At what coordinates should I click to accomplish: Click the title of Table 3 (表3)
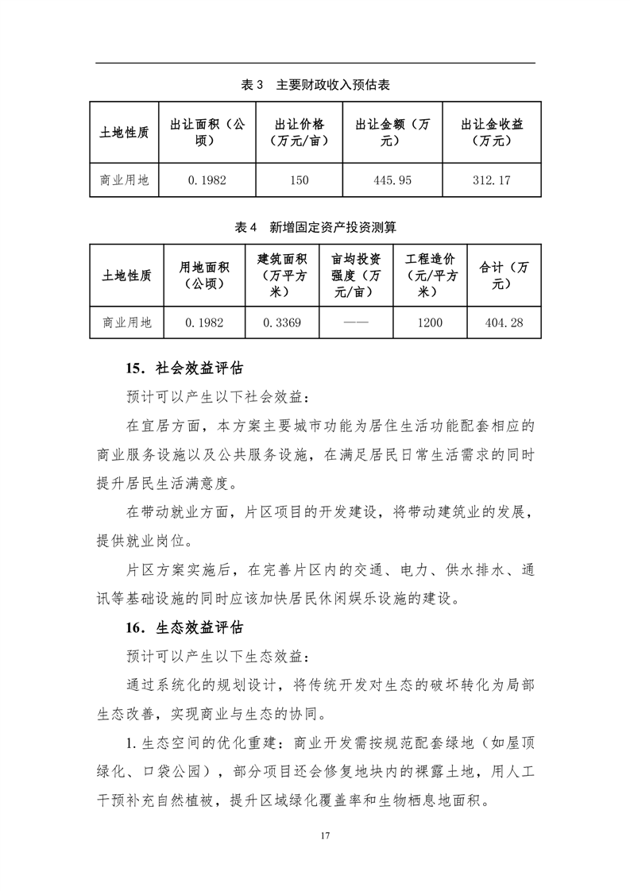click(315, 84)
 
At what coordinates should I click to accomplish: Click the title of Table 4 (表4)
click(315, 227)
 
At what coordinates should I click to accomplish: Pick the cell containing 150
click(299, 180)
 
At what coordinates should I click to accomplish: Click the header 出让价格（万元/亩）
click(299, 133)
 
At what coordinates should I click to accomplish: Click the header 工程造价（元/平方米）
click(430, 276)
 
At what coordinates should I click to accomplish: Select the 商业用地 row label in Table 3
click(125, 180)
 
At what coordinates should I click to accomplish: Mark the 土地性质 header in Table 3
click(125, 133)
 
